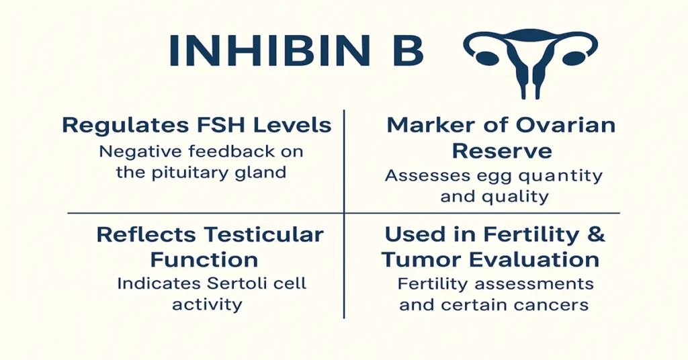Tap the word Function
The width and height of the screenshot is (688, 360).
point(204,259)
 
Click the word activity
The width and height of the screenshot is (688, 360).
point(207,305)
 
